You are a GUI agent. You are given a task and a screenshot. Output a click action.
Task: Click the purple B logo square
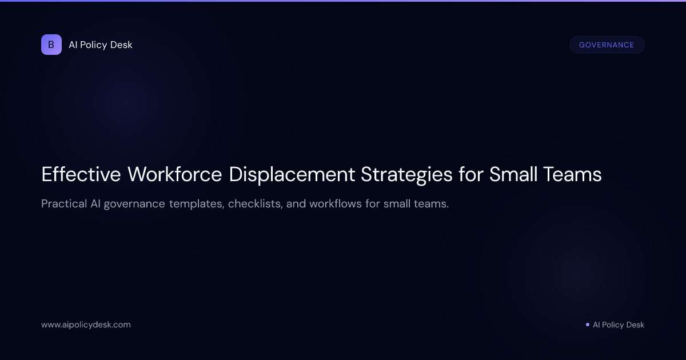51,45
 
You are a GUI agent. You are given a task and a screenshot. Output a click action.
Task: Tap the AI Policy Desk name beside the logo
101,45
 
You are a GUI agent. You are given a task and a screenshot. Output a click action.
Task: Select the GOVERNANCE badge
607,45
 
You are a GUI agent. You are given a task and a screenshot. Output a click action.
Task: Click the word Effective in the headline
81,174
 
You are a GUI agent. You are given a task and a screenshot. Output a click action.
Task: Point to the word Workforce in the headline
174,174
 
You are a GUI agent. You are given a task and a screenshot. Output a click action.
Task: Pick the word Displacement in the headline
292,174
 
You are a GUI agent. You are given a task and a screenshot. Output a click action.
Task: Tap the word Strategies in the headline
406,175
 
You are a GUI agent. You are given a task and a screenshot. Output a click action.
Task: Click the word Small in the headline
513,174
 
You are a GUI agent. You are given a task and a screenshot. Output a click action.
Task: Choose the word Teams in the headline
572,174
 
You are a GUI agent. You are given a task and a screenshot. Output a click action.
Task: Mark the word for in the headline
470,174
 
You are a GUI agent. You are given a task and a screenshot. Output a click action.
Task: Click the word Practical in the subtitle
64,203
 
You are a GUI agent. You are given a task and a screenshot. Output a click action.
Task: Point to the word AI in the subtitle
95,203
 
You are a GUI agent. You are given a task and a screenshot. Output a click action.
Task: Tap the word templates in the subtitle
197,204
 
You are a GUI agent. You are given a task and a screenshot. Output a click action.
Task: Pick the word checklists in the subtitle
256,204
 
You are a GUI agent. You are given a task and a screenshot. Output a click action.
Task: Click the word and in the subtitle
296,203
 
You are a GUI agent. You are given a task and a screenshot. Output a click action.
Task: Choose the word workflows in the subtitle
336,203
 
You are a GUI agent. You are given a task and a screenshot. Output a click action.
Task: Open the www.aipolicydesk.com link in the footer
86,325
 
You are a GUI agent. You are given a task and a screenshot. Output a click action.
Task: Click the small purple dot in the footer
588,325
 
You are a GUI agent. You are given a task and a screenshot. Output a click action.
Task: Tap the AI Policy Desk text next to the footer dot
619,325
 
